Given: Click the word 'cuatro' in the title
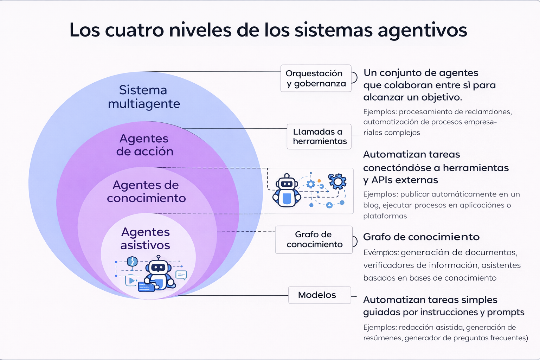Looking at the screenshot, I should [x=134, y=30].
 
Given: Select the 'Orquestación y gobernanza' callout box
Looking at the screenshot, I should [x=316, y=78].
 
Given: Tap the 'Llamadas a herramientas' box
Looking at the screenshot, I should [x=319, y=136].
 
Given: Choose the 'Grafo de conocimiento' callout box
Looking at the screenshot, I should [x=314, y=239].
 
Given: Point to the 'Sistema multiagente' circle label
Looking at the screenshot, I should [x=144, y=97].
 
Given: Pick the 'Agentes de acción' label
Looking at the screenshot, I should [x=144, y=145].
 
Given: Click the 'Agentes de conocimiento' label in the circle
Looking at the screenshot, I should [x=146, y=192].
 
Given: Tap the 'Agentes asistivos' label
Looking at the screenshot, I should [x=145, y=238].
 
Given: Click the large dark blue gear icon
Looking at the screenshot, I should [x=337, y=181].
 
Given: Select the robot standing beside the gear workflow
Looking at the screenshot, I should [x=287, y=191].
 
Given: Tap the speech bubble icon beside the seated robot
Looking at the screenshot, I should [x=181, y=275].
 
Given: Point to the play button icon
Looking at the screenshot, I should [x=131, y=281].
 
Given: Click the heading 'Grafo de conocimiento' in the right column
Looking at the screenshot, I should [x=421, y=237].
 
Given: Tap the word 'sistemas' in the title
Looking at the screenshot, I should [x=333, y=30].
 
